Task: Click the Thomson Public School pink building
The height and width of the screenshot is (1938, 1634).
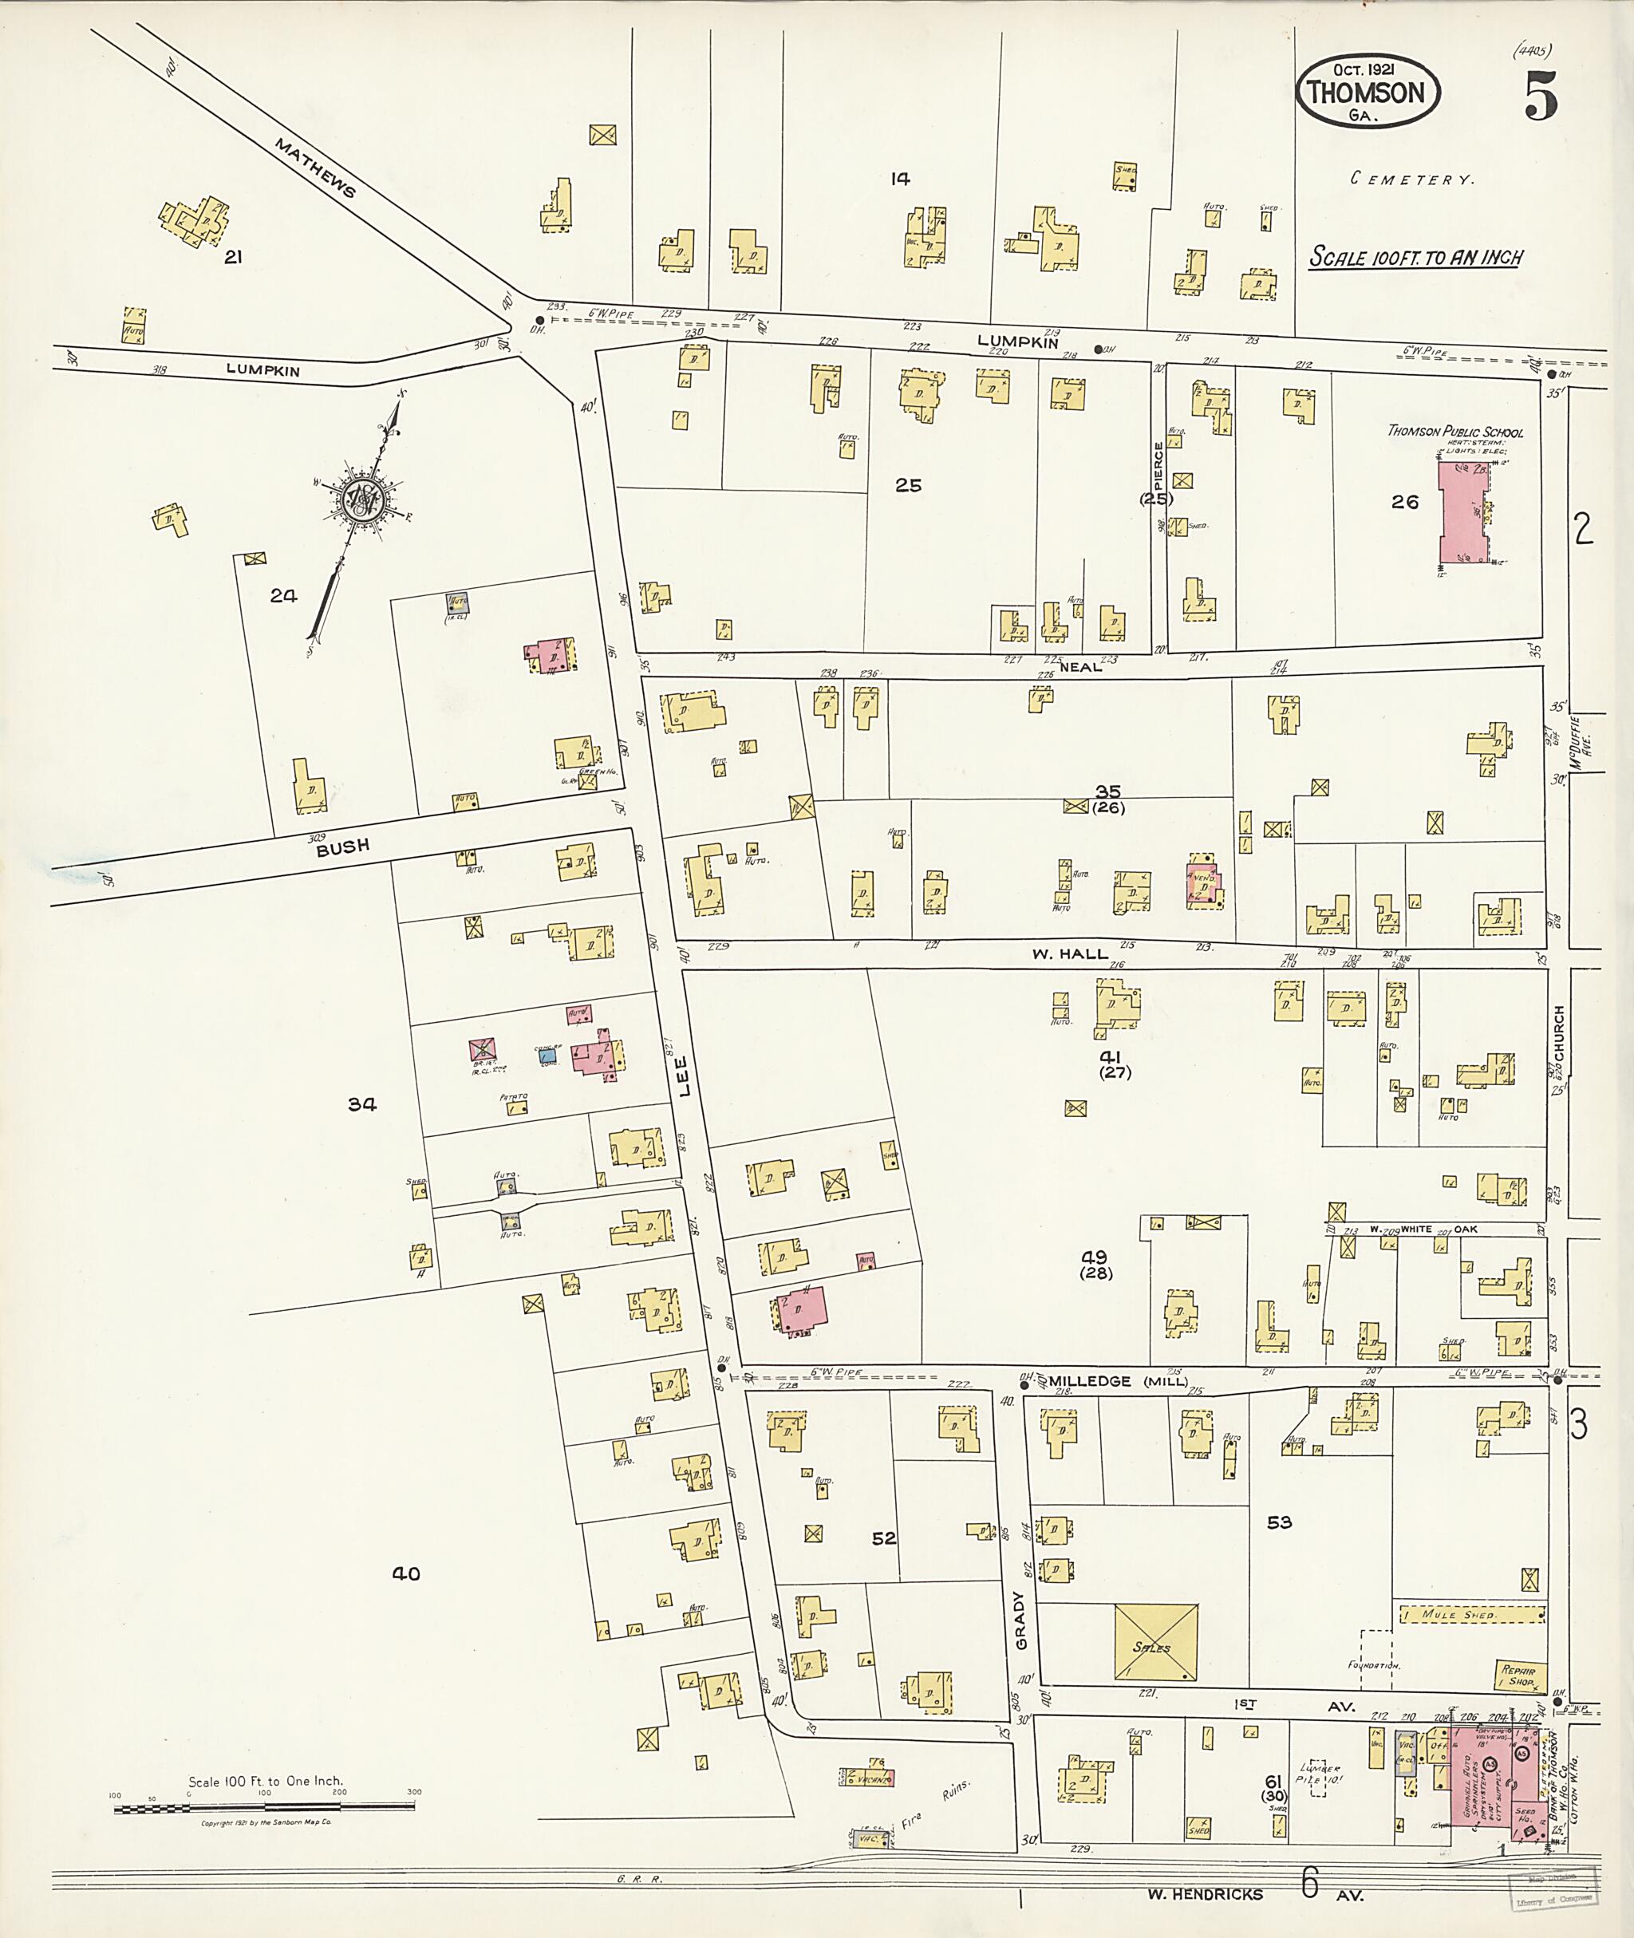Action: [1461, 512]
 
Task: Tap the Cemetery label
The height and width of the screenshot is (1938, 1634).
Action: [1411, 180]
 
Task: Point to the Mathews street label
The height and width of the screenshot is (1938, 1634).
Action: [315, 168]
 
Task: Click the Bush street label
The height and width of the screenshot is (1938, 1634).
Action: [343, 846]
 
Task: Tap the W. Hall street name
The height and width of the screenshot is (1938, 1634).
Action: [1070, 954]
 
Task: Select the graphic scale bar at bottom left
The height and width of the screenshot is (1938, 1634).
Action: [264, 1806]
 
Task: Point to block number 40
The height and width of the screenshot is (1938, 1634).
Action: [406, 1574]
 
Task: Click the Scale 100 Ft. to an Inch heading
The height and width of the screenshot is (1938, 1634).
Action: [1415, 257]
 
